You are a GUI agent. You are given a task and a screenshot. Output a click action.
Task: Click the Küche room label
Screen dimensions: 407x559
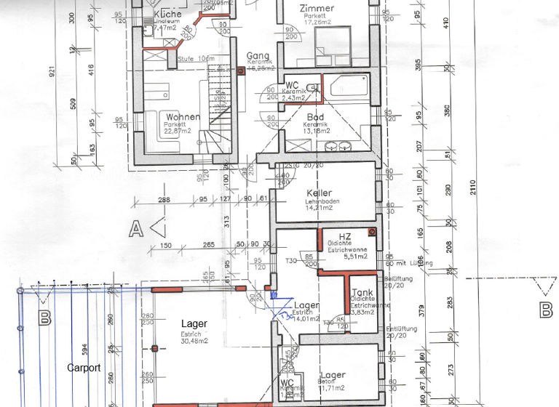(169, 15)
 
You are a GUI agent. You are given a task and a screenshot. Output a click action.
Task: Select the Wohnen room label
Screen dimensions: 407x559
(183, 117)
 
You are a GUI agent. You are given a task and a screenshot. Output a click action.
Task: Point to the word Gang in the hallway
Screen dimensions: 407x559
(258, 56)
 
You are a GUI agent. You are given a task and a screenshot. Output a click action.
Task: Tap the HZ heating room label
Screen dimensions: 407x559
(345, 236)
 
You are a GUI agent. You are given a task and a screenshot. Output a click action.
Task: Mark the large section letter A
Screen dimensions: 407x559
(135, 230)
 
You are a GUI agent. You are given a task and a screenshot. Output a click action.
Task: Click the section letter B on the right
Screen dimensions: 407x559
(546, 311)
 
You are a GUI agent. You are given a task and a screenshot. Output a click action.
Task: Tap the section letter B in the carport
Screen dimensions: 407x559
(45, 318)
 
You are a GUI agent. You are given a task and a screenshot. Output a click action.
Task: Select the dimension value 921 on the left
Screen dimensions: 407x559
(52, 73)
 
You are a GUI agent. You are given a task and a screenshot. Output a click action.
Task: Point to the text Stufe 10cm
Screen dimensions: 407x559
(197, 58)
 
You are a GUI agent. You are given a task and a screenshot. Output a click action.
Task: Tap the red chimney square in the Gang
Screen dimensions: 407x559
(242, 71)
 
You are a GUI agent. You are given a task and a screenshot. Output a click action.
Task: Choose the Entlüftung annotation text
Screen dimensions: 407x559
(401, 329)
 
